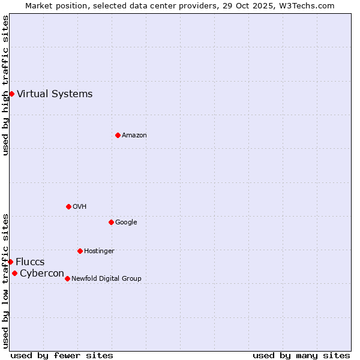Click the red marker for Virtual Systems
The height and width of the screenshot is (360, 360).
[11, 94]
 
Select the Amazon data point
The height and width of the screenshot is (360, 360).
[118, 135]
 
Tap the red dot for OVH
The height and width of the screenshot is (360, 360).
[68, 206]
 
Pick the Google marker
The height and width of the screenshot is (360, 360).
[111, 222]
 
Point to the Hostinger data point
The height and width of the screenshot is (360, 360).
[80, 251]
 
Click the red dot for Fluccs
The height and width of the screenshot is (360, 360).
[10, 262]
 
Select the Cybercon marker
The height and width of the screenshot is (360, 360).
[14, 273]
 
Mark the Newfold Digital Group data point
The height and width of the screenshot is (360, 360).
[67, 278]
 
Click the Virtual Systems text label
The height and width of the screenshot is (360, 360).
[55, 94]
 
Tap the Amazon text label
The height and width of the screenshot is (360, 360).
[134, 135]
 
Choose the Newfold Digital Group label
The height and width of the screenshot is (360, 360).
[107, 278]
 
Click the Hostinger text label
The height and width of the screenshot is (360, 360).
[99, 251]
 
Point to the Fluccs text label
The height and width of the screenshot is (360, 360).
[30, 262]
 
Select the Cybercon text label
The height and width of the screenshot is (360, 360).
[42, 273]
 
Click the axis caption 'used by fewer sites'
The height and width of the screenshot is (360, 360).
[62, 355]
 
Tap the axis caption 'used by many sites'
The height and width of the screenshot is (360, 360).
[301, 355]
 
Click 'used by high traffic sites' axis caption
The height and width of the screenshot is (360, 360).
[5, 86]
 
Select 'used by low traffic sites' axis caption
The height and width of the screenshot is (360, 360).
[5, 281]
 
